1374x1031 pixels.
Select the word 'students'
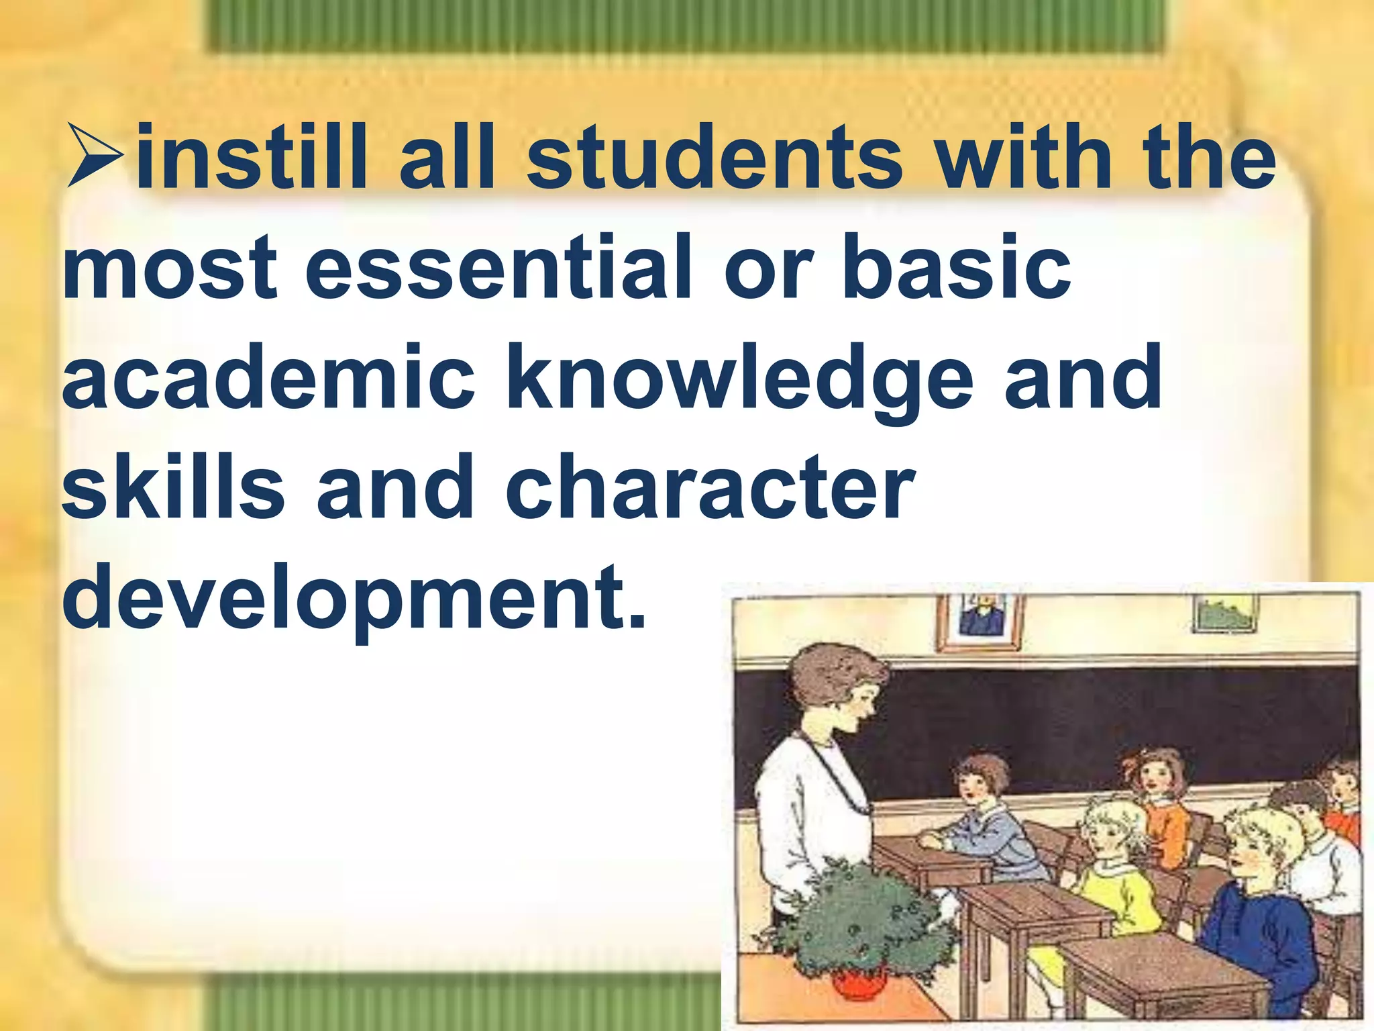[x=715, y=156]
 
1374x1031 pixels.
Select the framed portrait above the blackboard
[x=980, y=621]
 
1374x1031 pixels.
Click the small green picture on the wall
[x=1225, y=613]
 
